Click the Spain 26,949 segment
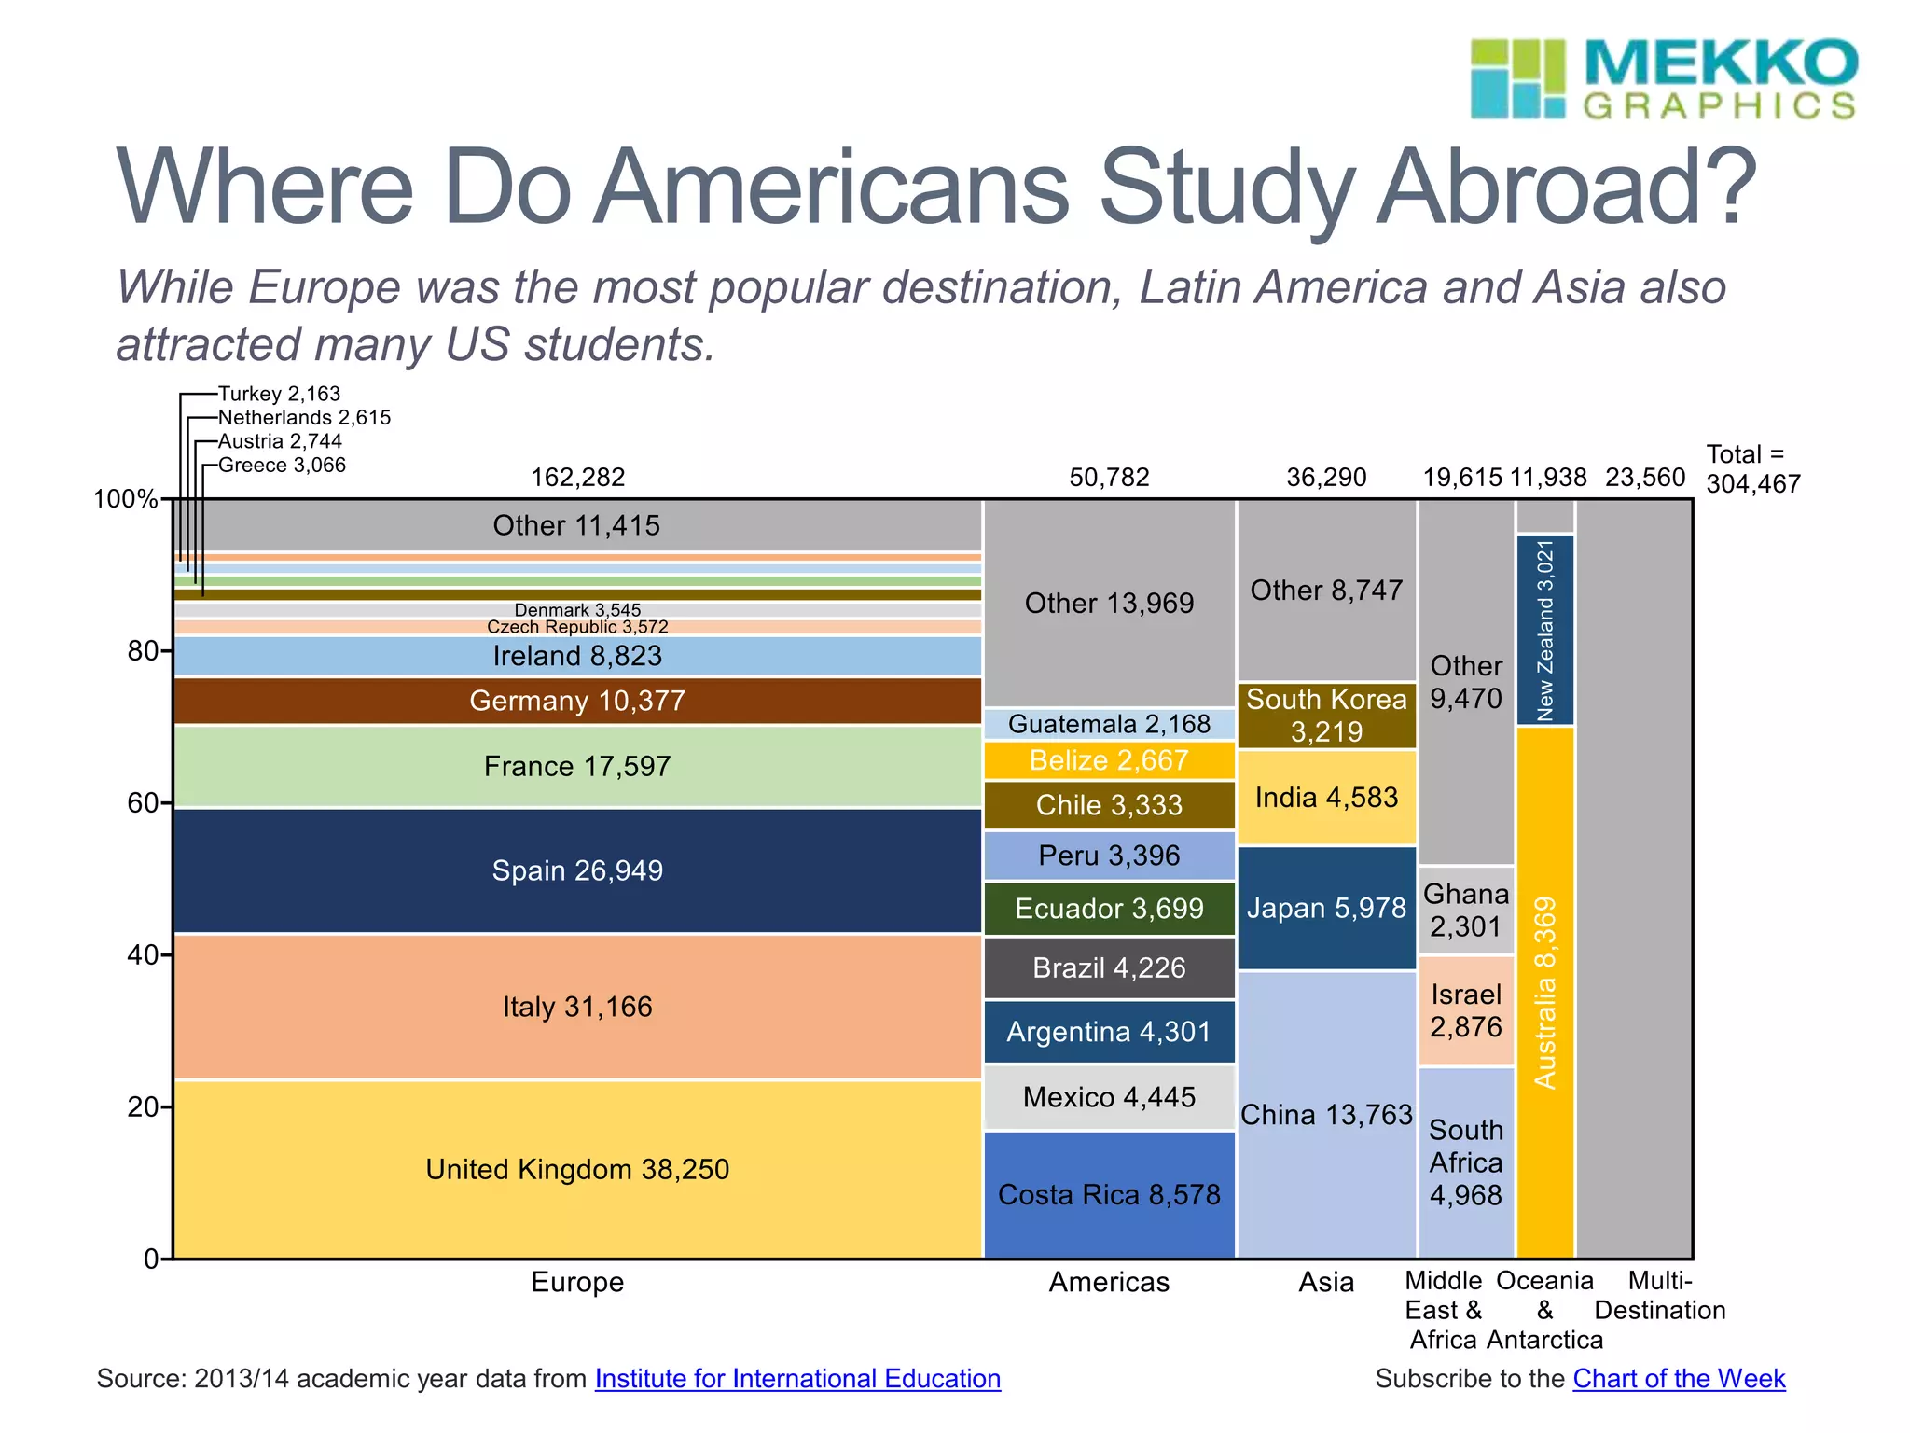pyautogui.click(x=577, y=870)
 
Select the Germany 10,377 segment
pyautogui.click(x=577, y=701)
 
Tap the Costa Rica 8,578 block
pyautogui.click(x=1109, y=1195)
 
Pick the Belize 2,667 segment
pyautogui.click(x=1109, y=760)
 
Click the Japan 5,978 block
pyautogui.click(x=1326, y=908)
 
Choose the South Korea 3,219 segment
pyautogui.click(x=1326, y=716)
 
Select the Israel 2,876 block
pyautogui.click(x=1466, y=1010)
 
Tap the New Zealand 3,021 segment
pyautogui.click(x=1545, y=630)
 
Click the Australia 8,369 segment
pyautogui.click(x=1545, y=992)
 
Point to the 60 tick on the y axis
pyautogui.click(x=143, y=802)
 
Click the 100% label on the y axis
pyautogui.click(x=125, y=499)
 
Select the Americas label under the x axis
pyautogui.click(x=1109, y=1282)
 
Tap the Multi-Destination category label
pyautogui.click(x=1660, y=1296)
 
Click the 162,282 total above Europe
pyautogui.click(x=577, y=478)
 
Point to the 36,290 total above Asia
pyautogui.click(x=1326, y=478)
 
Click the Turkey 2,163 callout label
pyautogui.click(x=280, y=394)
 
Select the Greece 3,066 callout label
pyautogui.click(x=282, y=465)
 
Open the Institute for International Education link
pyautogui.click(x=797, y=1379)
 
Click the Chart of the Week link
pyautogui.click(x=1679, y=1379)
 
